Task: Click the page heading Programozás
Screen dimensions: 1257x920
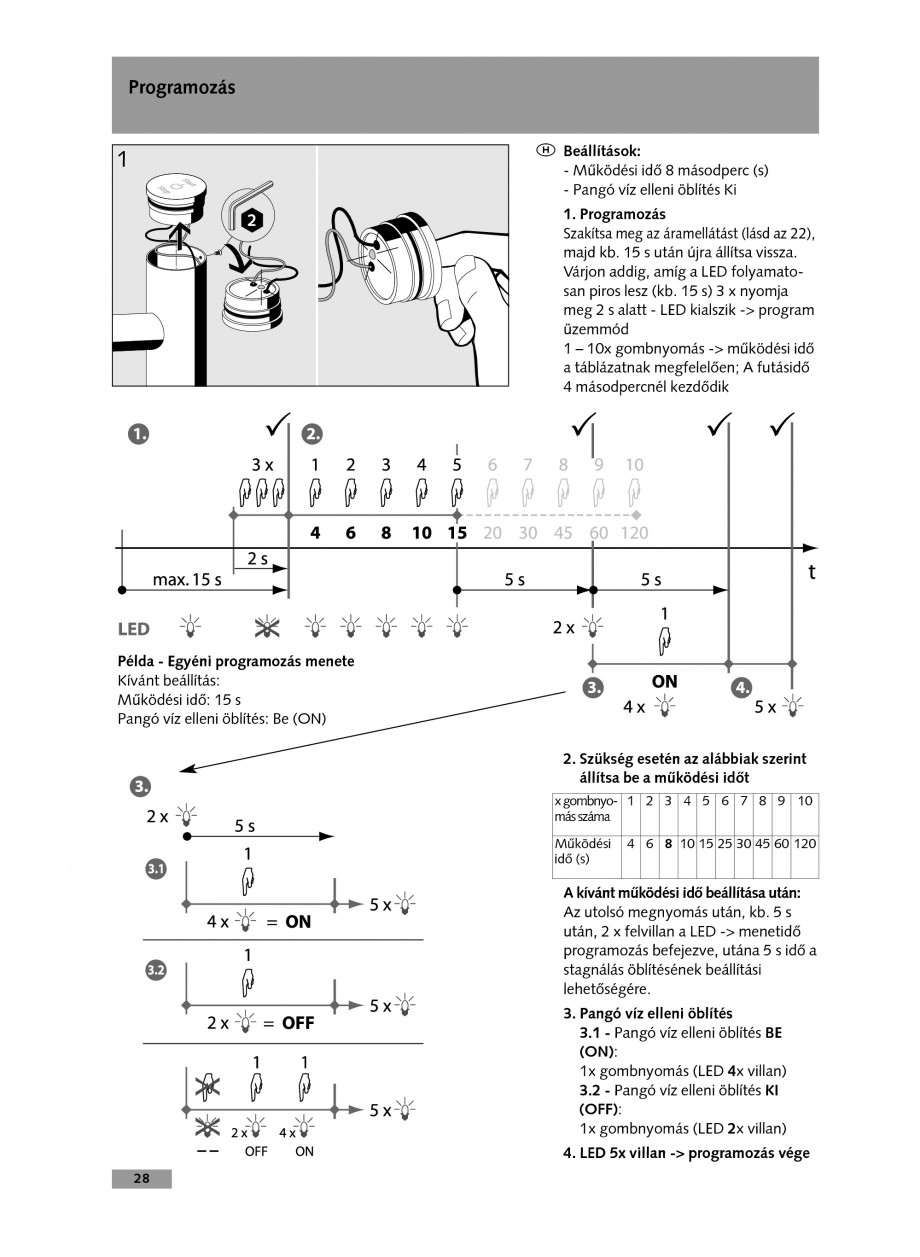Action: click(181, 88)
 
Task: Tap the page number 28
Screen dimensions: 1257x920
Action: click(141, 1178)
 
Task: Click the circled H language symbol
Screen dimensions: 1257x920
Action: click(545, 150)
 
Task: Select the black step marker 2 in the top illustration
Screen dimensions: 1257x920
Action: click(254, 218)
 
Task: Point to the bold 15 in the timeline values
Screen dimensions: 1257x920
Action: click(457, 533)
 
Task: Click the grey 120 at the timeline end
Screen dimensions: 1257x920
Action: click(634, 533)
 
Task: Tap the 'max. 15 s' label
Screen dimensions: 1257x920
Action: click(187, 579)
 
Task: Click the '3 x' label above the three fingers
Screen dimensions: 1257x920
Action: click(262, 465)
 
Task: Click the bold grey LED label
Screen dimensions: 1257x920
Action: click(134, 629)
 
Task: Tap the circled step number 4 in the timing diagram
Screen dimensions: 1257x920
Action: click(741, 688)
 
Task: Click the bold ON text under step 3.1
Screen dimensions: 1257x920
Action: click(298, 922)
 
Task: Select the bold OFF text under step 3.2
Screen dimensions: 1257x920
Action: click(298, 1023)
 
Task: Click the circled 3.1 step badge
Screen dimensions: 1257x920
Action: click(156, 870)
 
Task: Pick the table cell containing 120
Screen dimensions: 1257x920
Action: click(805, 844)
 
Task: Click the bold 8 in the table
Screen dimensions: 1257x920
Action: click(668, 844)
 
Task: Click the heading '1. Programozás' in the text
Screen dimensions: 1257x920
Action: click(614, 214)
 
